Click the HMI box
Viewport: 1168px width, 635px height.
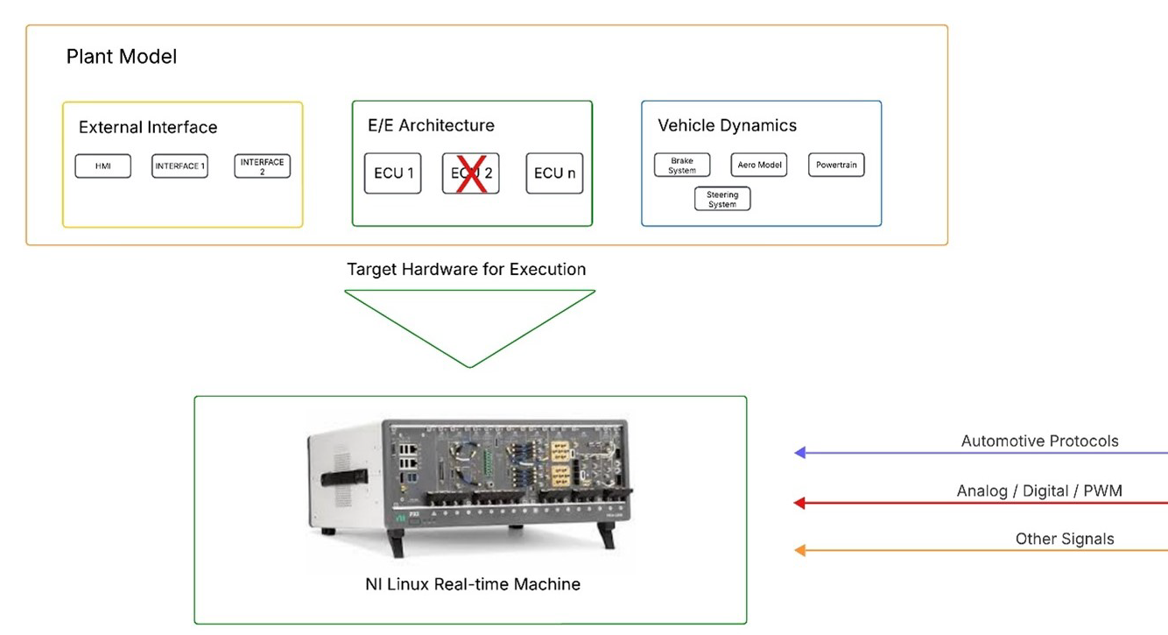(102, 166)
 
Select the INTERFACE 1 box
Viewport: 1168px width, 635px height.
(179, 166)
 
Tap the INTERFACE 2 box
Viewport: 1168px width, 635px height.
(262, 166)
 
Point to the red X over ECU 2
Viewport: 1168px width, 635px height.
(471, 173)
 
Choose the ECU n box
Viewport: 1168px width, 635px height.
(554, 173)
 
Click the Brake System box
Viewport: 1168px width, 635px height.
(681, 166)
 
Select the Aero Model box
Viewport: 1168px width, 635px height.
(758, 166)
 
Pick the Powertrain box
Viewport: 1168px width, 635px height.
(835, 166)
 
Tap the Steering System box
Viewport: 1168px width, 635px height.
(722, 200)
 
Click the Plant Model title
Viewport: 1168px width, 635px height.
(122, 57)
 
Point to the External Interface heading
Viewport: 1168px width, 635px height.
(148, 128)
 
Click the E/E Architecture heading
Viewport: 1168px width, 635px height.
(431, 125)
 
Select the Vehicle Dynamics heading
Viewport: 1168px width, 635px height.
(727, 125)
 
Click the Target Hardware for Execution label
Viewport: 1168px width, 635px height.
(467, 269)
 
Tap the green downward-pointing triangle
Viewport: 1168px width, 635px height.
(470, 320)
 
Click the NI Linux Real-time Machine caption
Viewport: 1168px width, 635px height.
(473, 583)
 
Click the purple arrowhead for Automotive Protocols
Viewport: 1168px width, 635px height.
(799, 453)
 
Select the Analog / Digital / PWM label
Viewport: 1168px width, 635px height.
(1039, 491)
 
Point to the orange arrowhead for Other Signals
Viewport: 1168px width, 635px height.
(799, 551)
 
